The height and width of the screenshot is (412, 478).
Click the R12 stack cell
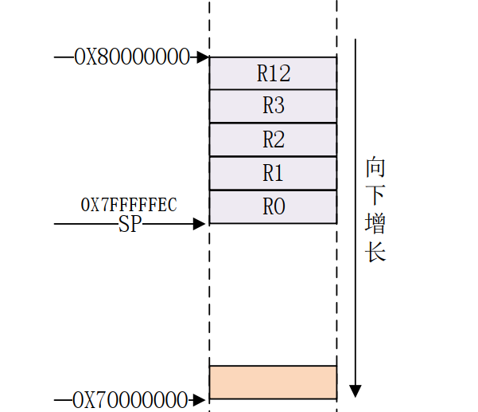[273, 73]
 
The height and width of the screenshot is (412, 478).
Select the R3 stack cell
[273, 106]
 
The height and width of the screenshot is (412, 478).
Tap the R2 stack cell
[273, 139]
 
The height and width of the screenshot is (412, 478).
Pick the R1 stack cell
[273, 173]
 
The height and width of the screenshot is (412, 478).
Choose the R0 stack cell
[273, 207]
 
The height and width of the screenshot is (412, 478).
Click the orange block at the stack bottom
[273, 382]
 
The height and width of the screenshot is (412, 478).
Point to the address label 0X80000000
[132, 57]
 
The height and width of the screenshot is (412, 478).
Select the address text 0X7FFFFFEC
[129, 205]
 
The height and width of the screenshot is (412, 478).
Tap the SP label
[130, 225]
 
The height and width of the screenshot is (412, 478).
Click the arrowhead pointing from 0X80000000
[204, 57]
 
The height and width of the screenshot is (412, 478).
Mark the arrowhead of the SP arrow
[200, 225]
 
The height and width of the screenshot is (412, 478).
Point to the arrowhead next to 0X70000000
[202, 398]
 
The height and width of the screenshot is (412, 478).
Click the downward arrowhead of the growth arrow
[356, 390]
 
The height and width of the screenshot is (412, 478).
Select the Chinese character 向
[375, 168]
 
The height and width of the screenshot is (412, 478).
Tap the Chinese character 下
[375, 196]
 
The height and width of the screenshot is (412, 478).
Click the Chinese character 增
[375, 224]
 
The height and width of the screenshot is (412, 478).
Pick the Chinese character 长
[375, 252]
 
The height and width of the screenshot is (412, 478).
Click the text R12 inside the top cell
[274, 73]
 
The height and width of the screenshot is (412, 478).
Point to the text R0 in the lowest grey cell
[274, 207]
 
